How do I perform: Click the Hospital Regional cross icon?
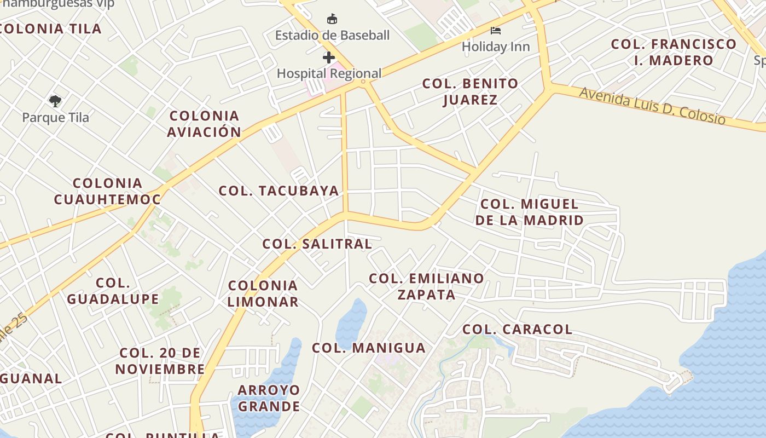(329, 57)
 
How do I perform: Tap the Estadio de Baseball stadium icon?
(332, 20)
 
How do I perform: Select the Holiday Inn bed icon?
(496, 31)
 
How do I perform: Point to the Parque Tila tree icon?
(55, 101)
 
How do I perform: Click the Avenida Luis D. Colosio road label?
(652, 105)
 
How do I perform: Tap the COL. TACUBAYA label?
(278, 191)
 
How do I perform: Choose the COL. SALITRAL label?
(317, 244)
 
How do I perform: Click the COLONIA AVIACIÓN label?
(204, 124)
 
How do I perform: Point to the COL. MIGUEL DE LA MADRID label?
(529, 212)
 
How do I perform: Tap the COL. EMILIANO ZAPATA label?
(426, 286)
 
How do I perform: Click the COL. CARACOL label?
(517, 330)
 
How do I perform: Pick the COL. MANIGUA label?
(368, 348)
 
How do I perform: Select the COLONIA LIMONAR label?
(263, 293)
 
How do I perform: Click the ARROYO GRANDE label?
(269, 398)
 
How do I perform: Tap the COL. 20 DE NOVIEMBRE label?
(160, 361)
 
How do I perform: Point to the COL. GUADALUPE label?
(113, 291)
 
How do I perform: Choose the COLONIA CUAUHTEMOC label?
(107, 191)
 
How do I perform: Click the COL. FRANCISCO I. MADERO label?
(674, 52)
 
